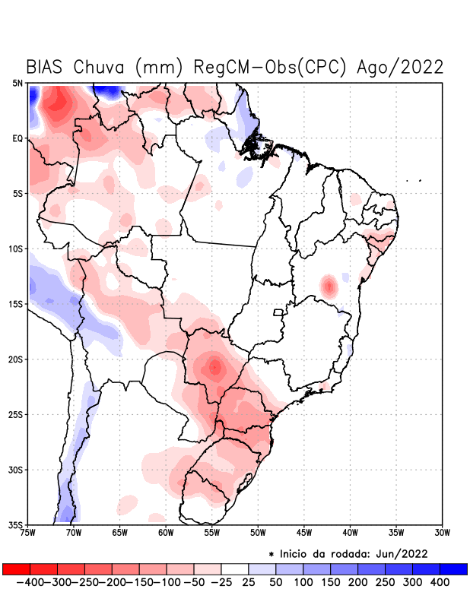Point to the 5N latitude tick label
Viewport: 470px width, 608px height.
point(17,83)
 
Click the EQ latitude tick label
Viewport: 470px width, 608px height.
point(17,138)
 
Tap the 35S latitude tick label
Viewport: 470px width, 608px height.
point(15,525)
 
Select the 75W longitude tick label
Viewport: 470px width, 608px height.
point(29,533)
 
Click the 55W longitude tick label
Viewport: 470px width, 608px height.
point(212,533)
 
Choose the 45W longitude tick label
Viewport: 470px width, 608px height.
point(304,533)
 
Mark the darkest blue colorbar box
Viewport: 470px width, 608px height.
point(453,569)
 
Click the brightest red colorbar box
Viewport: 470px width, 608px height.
point(16,569)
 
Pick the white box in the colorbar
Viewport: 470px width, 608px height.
point(235,569)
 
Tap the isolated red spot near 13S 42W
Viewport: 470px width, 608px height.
point(329,287)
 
